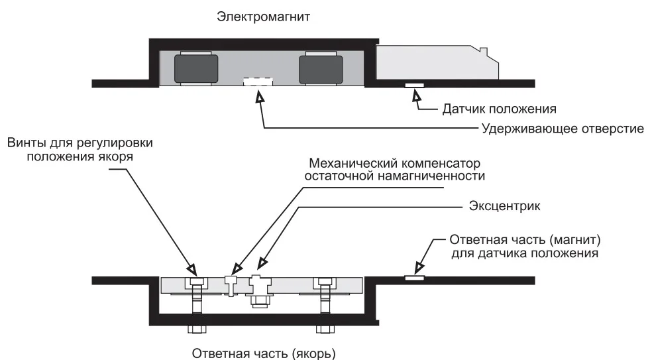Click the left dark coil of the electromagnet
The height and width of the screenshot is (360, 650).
[196, 69]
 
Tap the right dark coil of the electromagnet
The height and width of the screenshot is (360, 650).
[321, 69]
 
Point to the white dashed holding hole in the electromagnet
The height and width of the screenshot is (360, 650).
[258, 82]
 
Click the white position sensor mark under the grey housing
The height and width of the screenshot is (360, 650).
[415, 85]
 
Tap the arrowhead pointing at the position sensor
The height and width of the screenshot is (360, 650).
[417, 97]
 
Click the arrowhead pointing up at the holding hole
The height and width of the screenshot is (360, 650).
[260, 97]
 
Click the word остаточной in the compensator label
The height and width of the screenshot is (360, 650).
[343, 176]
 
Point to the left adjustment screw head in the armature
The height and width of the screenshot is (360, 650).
[196, 282]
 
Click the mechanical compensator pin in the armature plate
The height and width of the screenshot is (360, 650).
[231, 284]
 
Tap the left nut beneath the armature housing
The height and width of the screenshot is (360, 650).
[197, 329]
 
